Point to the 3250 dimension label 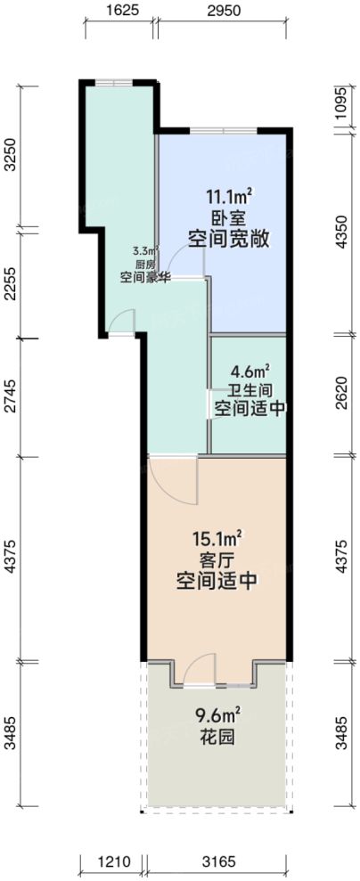10,155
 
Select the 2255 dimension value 10,287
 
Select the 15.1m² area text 217,539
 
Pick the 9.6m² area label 217,714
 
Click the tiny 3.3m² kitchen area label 144,252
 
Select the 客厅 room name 217,559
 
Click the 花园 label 217,738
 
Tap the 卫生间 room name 250,389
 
